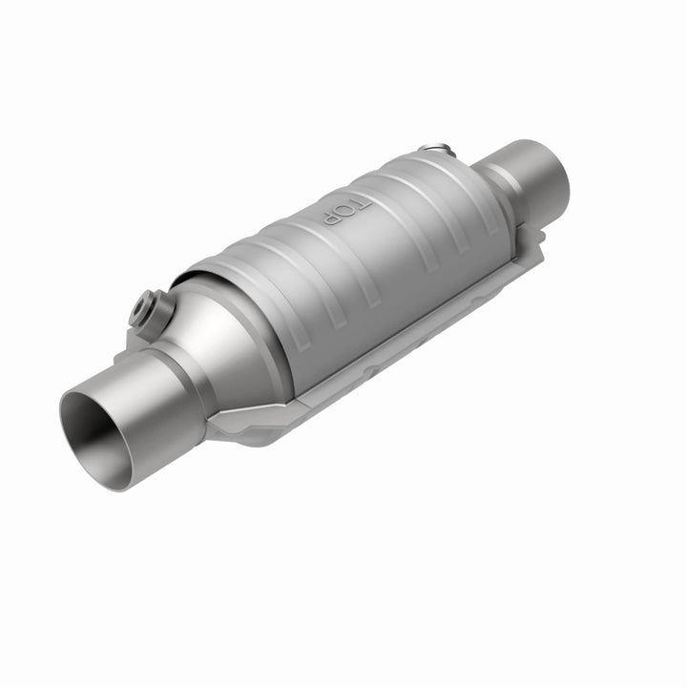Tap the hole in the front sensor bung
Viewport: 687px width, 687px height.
pyautogui.click(x=142, y=305)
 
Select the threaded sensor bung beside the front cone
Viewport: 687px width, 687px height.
pyautogui.click(x=146, y=307)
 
